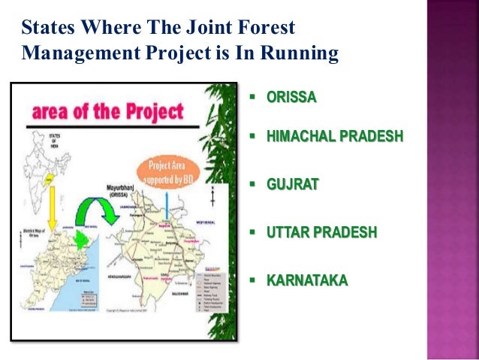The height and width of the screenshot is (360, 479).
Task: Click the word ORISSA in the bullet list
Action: pos(292,98)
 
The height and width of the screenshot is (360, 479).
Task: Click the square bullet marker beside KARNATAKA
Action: pos(252,280)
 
